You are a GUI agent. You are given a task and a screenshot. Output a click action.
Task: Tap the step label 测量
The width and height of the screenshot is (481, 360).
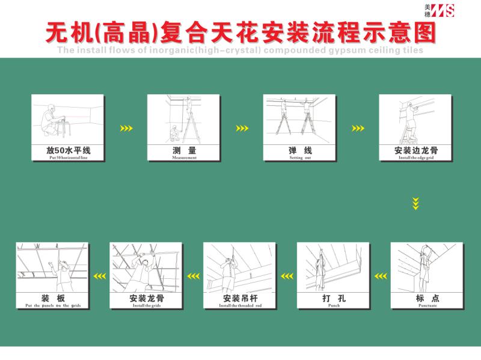pos(184,150)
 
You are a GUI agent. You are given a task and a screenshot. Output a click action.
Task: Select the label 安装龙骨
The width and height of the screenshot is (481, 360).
pos(146,298)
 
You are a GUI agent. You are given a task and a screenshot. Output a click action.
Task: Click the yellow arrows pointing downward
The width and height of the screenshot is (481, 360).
pos(415,203)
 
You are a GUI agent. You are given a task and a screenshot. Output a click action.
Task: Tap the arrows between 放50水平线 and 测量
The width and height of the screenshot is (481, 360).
pos(126,128)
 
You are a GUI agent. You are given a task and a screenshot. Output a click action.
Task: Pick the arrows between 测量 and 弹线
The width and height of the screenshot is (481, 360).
pos(242,128)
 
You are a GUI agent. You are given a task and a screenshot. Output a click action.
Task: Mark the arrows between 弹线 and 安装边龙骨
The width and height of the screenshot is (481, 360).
pos(358,128)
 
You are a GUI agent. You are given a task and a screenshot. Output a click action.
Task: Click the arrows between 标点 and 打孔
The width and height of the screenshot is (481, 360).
pos(380,276)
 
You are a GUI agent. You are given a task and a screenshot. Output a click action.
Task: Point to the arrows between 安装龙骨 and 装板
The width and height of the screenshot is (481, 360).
pos(99,276)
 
